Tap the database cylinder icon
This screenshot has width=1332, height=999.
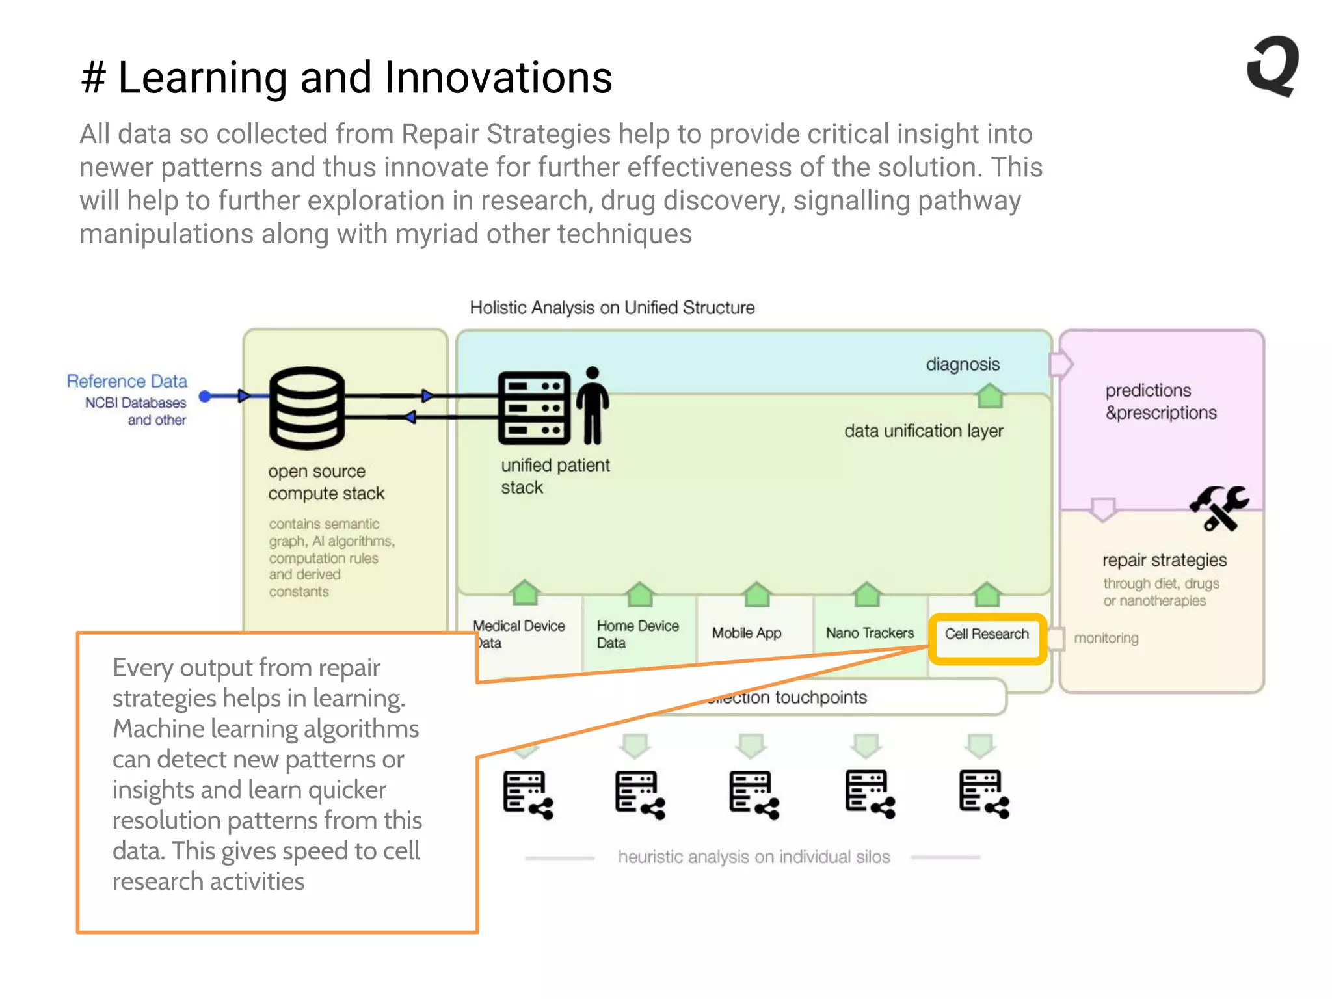(306, 408)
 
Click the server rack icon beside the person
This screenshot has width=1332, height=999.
(533, 408)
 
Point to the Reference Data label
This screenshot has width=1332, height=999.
(127, 381)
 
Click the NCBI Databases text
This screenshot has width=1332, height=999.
(135, 403)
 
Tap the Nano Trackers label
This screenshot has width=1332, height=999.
(870, 633)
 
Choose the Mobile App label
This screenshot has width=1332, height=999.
(746, 633)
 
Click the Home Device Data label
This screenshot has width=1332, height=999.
(637, 634)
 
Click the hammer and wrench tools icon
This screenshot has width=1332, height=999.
(1218, 508)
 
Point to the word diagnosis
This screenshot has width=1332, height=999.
(963, 364)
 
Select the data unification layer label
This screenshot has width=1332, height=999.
(923, 431)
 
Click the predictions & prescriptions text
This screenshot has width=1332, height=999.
(1160, 401)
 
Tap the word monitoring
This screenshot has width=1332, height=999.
(1106, 638)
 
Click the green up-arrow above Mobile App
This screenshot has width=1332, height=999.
(756, 594)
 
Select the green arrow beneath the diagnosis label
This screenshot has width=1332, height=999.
(990, 395)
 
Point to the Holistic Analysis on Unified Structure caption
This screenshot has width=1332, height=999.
(612, 308)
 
